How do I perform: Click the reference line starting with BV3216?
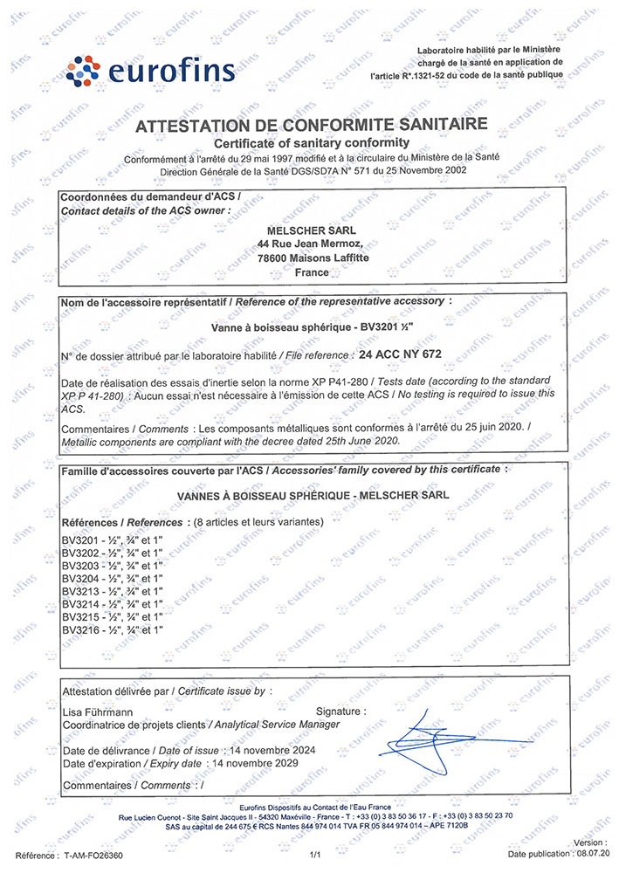click(x=113, y=629)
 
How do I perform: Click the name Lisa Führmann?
click(x=100, y=712)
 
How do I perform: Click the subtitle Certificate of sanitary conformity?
click(x=312, y=141)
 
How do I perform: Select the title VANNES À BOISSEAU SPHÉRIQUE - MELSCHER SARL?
click(x=313, y=494)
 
